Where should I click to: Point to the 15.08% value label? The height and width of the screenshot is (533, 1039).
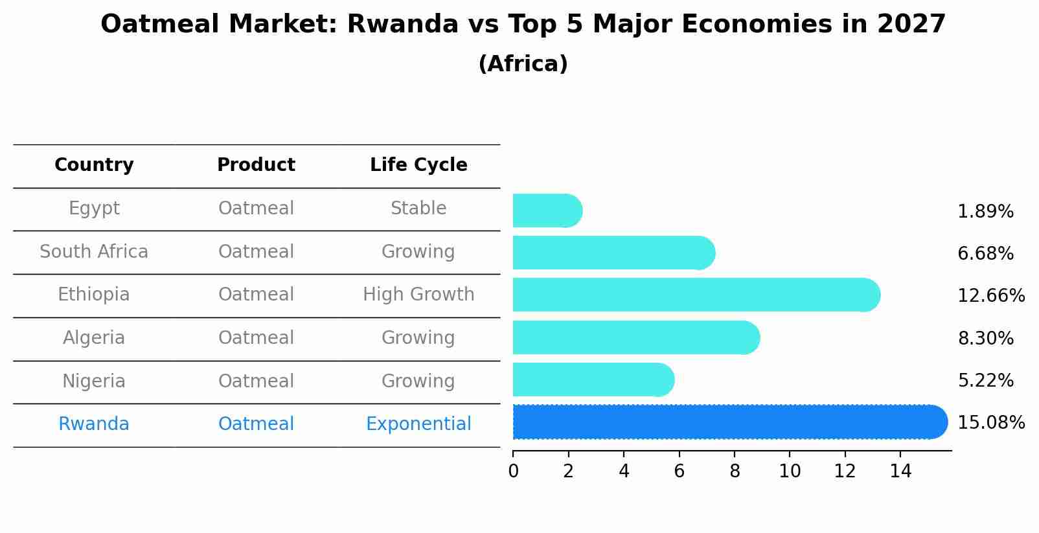click(x=990, y=423)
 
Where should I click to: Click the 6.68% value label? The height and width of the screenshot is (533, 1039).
click(x=985, y=254)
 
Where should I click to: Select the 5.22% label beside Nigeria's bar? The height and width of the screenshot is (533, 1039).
click(x=985, y=381)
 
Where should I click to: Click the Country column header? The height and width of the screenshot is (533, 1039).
click(x=94, y=165)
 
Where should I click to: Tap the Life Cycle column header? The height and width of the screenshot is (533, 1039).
click(x=418, y=165)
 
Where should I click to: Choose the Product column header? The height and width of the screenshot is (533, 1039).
click(x=256, y=165)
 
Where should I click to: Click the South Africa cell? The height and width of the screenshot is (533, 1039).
click(x=94, y=252)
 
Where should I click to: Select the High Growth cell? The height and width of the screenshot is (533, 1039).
click(x=418, y=295)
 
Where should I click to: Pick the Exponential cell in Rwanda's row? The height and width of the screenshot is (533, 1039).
click(x=418, y=424)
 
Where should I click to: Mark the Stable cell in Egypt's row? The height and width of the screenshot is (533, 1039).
click(x=418, y=209)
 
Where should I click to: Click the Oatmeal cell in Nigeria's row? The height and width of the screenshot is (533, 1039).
click(x=256, y=381)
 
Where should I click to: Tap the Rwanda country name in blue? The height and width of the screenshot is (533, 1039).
click(x=94, y=424)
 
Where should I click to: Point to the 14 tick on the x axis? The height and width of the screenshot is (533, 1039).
click(x=900, y=471)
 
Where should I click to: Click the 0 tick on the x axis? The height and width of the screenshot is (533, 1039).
click(x=513, y=471)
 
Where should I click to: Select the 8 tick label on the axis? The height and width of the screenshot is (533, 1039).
click(x=735, y=471)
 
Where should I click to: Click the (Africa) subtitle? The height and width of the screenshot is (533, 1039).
click(x=523, y=64)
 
